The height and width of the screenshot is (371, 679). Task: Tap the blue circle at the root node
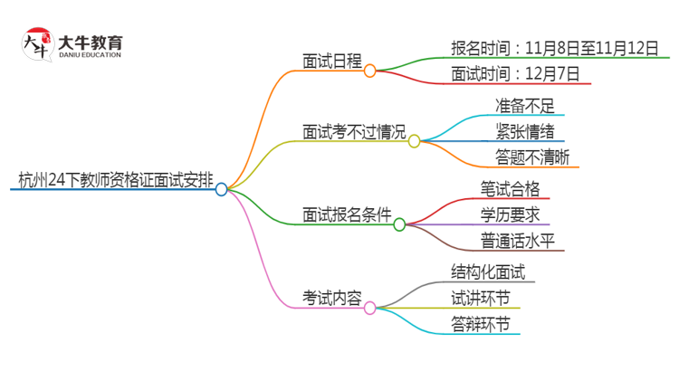(x=222, y=189)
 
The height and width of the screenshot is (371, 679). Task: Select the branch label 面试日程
(x=332, y=62)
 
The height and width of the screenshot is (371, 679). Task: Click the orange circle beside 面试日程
(x=369, y=71)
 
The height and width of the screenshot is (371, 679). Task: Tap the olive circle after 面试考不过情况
(x=414, y=141)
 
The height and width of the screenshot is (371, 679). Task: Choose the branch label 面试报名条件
(x=347, y=216)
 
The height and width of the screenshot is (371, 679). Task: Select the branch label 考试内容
(x=332, y=298)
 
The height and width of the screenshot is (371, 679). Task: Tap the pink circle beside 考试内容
(x=369, y=308)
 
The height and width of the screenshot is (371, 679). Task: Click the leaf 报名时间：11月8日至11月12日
(x=554, y=48)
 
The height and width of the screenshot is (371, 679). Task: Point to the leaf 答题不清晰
(x=531, y=157)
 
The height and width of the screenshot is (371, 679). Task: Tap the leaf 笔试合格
(x=511, y=188)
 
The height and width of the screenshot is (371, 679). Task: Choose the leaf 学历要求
(x=511, y=214)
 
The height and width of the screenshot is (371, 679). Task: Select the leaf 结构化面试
(x=488, y=271)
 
